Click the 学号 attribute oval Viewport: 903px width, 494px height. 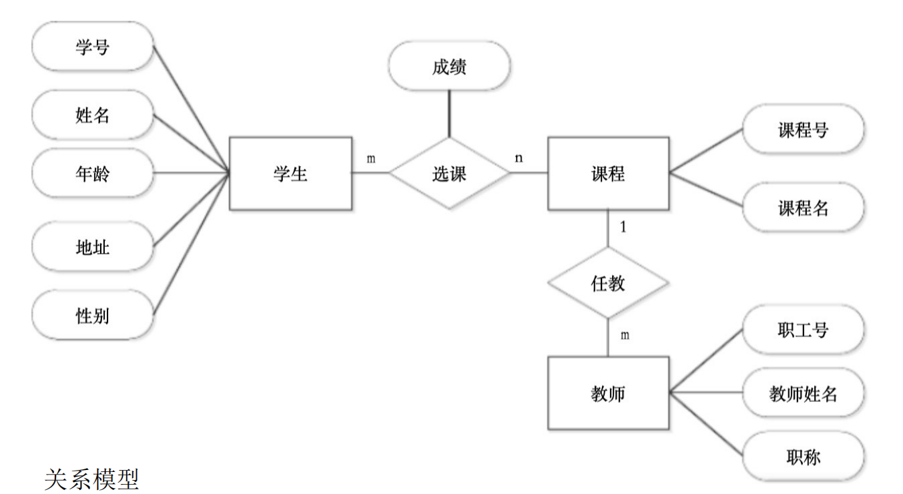93,46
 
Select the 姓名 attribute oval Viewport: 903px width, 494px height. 93,115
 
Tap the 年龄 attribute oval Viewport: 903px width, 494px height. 93,174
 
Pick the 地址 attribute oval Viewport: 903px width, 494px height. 93,248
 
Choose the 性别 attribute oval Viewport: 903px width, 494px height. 93,315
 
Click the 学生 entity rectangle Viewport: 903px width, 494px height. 290,174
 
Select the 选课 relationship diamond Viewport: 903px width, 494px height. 449,174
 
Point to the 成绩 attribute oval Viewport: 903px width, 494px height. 449,66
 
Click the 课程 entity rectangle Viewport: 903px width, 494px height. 608,174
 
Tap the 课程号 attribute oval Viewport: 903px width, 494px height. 803,130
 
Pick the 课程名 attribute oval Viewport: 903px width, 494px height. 803,208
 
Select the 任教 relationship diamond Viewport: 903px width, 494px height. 608,283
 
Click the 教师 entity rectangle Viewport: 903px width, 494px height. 608,393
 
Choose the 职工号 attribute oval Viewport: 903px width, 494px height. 803,329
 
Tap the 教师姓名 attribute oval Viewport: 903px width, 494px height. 803,393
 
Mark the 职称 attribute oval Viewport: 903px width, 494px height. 803,457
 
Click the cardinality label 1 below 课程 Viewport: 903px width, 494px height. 623,227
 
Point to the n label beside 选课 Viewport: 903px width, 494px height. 518,159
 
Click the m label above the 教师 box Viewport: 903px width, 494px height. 624,335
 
